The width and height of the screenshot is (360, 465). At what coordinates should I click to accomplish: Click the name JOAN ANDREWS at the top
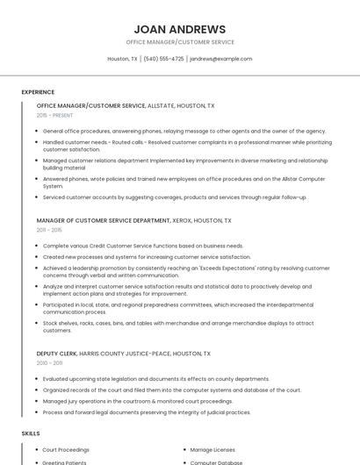(180, 29)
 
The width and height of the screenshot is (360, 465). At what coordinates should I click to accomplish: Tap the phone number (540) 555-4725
(163, 59)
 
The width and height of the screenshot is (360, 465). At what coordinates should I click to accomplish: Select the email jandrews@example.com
(221, 59)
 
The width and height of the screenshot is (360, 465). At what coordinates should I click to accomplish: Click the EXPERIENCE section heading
(38, 92)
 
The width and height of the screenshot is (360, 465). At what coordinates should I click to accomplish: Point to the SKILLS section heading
(31, 433)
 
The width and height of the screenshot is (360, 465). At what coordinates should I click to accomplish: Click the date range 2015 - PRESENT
(55, 115)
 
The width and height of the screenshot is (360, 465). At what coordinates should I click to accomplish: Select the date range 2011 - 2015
(49, 230)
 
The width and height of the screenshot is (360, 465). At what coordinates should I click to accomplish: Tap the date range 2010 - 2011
(49, 362)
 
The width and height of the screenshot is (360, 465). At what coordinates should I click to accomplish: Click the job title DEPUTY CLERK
(56, 354)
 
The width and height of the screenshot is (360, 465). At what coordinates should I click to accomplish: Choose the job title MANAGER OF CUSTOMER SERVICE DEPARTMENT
(104, 221)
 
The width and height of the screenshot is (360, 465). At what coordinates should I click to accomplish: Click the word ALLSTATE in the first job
(164, 105)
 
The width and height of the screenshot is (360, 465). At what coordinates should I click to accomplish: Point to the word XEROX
(184, 221)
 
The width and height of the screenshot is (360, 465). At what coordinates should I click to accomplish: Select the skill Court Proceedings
(66, 450)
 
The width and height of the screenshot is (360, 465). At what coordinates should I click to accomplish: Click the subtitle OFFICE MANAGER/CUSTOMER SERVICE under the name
(180, 42)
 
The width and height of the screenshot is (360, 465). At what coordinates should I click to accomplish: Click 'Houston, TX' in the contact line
(122, 59)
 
